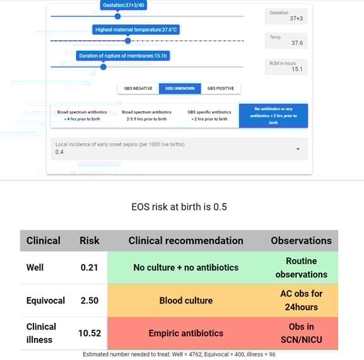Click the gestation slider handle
[x=117, y=16]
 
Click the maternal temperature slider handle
[x=128, y=40]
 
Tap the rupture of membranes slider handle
[x=103, y=67]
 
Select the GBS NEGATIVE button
[x=137, y=89]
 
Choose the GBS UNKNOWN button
[x=179, y=89]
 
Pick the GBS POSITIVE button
[x=221, y=89]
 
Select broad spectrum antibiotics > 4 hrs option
[x=80, y=115]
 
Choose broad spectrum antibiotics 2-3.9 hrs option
[x=146, y=115]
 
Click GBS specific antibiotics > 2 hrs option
[x=209, y=115]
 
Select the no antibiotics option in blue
[x=273, y=115]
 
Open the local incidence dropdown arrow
[x=298, y=149]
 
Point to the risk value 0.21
[x=89, y=267]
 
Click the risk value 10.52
[x=89, y=334]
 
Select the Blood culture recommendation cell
[x=185, y=301]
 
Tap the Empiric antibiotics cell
[x=185, y=334]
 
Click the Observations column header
[x=301, y=240]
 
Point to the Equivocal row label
[x=45, y=301]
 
